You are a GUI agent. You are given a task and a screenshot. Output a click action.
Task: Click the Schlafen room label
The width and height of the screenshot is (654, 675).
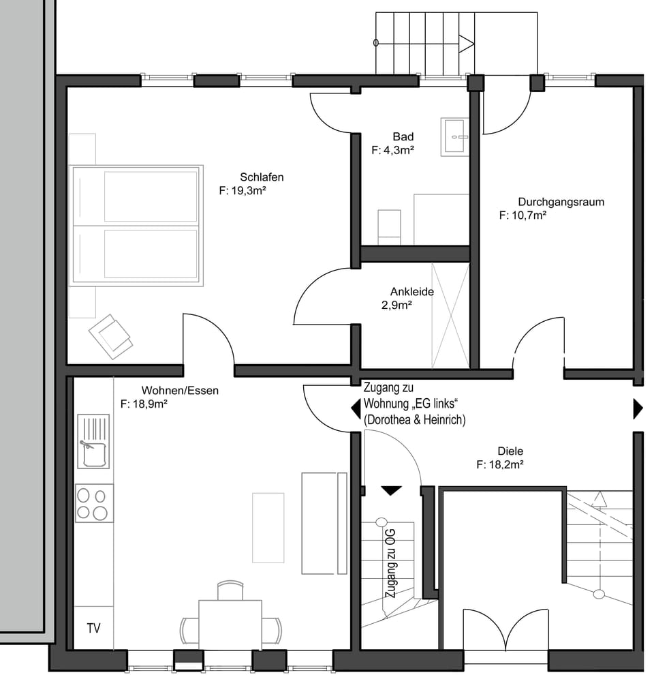click(262, 177)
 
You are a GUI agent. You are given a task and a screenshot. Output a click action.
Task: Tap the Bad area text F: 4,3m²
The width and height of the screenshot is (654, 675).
click(393, 150)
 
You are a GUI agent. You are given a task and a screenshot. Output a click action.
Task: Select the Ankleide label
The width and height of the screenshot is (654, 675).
click(411, 291)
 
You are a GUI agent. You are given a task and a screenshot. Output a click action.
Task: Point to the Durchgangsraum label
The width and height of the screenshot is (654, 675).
click(561, 202)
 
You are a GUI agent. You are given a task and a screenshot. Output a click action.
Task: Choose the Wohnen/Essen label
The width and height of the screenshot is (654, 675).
click(180, 391)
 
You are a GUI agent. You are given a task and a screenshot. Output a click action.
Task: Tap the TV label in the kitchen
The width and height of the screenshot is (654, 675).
click(93, 628)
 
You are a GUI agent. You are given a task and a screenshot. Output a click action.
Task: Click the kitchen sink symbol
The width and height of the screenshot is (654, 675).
click(93, 441)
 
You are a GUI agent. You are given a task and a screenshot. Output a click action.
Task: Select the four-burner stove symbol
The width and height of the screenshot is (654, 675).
click(94, 503)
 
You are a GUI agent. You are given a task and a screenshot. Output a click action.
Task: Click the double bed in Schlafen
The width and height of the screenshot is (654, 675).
click(136, 225)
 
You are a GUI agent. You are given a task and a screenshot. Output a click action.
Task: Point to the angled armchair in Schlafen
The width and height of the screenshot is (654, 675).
click(110, 336)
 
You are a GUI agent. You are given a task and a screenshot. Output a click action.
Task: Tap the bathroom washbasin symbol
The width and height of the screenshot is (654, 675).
click(454, 137)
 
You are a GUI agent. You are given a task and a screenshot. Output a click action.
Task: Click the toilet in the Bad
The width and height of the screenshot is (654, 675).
click(389, 227)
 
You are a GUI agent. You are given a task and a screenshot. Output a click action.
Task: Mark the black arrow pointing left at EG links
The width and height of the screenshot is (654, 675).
click(356, 408)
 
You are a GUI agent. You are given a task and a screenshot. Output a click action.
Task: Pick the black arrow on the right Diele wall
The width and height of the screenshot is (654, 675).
click(638, 408)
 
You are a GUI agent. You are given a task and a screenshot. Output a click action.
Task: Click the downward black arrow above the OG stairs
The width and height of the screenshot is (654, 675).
click(391, 490)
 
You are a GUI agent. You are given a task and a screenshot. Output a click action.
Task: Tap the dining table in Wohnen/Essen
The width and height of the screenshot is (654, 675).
click(230, 625)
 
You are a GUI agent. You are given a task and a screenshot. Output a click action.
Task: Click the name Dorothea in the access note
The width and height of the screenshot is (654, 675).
click(388, 420)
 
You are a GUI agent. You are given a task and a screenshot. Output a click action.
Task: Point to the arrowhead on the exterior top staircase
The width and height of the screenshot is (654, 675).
click(467, 43)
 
